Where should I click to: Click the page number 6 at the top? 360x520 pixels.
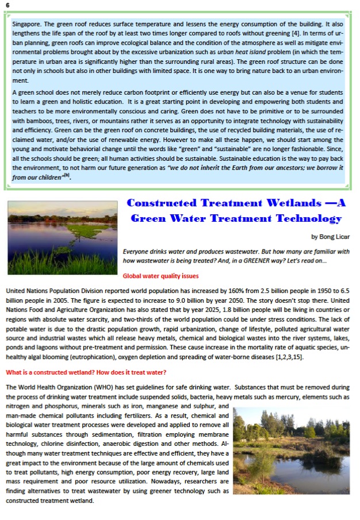(7, 5)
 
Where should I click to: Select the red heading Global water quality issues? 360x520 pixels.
(161, 276)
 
